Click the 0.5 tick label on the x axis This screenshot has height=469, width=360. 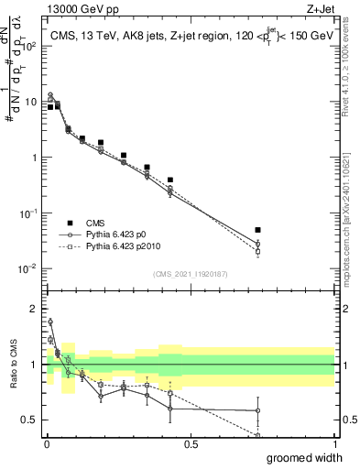pyautogui.click(x=191, y=443)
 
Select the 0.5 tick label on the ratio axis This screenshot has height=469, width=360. pyautogui.click(x=30, y=420)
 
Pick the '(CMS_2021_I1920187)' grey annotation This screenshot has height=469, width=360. pyautogui.click(x=190, y=273)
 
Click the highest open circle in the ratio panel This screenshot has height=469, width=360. pyautogui.click(x=49, y=322)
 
